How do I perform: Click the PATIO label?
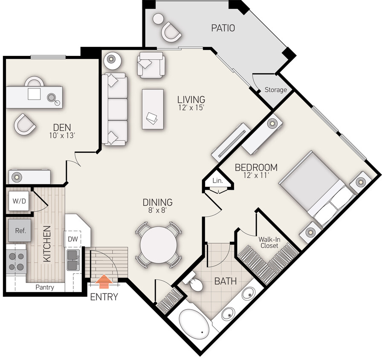[x=223, y=28]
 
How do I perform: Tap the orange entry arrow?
[x=104, y=282]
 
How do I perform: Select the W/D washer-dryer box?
[x=19, y=201]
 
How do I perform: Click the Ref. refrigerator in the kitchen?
[x=20, y=230]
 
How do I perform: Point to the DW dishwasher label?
[x=72, y=239]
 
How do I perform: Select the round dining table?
[x=158, y=245]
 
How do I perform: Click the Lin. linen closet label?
[x=217, y=180]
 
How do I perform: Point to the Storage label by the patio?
[x=275, y=90]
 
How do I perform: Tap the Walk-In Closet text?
[x=269, y=243]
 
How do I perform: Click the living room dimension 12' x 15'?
[x=191, y=107]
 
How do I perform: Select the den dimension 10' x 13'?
[x=62, y=136]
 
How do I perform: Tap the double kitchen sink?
[x=73, y=260]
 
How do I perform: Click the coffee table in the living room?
[x=153, y=109]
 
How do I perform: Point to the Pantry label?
[x=45, y=287]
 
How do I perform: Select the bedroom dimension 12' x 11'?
[x=256, y=175]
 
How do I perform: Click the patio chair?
[x=171, y=32]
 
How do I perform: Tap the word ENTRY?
[x=104, y=296]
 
